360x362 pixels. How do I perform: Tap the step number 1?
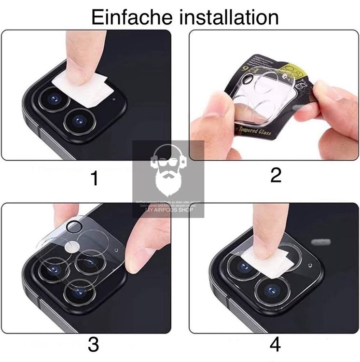[x=95, y=179]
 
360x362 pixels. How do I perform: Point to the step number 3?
[x=93, y=344]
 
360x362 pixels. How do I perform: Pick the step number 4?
[x=275, y=344]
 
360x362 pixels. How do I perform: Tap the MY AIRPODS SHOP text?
[x=169, y=209]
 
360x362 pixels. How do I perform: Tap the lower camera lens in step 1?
[x=78, y=120]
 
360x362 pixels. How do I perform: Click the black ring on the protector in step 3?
[x=74, y=226]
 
